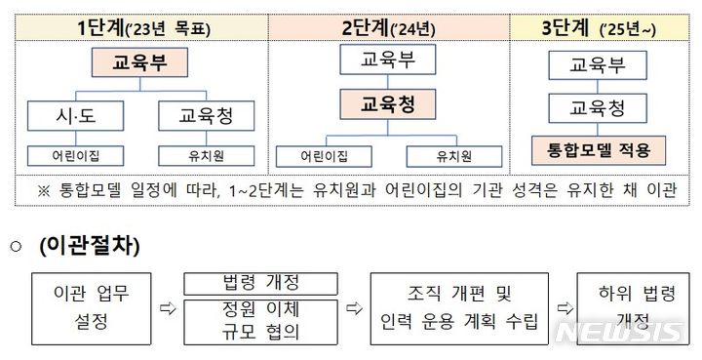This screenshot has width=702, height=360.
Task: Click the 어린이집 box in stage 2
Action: coord(320,155)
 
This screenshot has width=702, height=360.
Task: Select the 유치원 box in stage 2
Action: coord(453,155)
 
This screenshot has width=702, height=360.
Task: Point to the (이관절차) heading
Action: coord(89,247)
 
